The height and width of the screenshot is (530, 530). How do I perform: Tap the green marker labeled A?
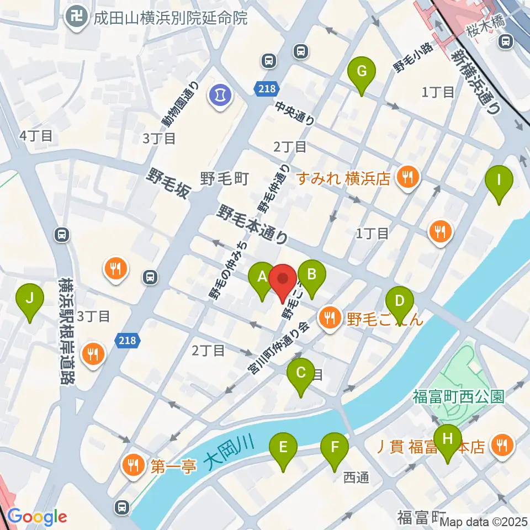tap(262, 276)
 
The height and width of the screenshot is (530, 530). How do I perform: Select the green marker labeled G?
tap(362, 72)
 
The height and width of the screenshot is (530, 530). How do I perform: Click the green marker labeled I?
tap(499, 181)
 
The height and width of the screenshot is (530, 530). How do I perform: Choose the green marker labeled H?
tap(448, 439)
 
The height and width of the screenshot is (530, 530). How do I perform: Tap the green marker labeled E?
tap(283, 447)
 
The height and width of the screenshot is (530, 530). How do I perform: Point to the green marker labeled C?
tap(301, 373)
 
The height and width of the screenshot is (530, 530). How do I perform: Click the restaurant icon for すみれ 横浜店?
tap(409, 178)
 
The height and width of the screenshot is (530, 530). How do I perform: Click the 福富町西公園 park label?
tap(458, 396)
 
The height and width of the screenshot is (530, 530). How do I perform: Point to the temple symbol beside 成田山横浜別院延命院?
tap(74, 18)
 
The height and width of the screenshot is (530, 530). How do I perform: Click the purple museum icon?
tap(220, 95)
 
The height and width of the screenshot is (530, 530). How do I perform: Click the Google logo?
tap(37, 517)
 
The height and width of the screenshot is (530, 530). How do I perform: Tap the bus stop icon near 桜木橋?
tap(506, 41)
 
